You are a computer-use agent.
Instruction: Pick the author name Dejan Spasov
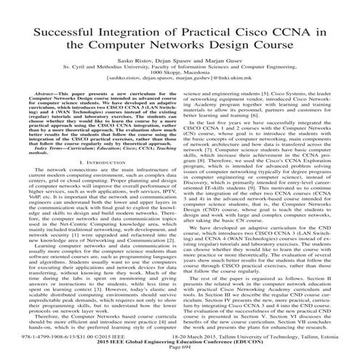pyautogui.click(x=179, y=70)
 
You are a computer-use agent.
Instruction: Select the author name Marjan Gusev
pyautogui.click(x=223, y=70)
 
